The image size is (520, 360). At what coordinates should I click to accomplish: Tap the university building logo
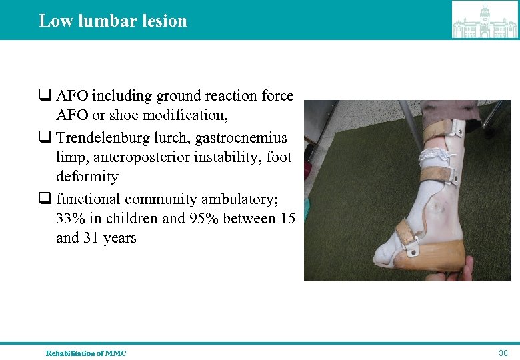484,20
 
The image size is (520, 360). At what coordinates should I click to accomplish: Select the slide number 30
503,353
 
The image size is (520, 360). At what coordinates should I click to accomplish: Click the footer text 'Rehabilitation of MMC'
85,353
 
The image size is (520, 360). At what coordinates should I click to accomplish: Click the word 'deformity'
87,177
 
